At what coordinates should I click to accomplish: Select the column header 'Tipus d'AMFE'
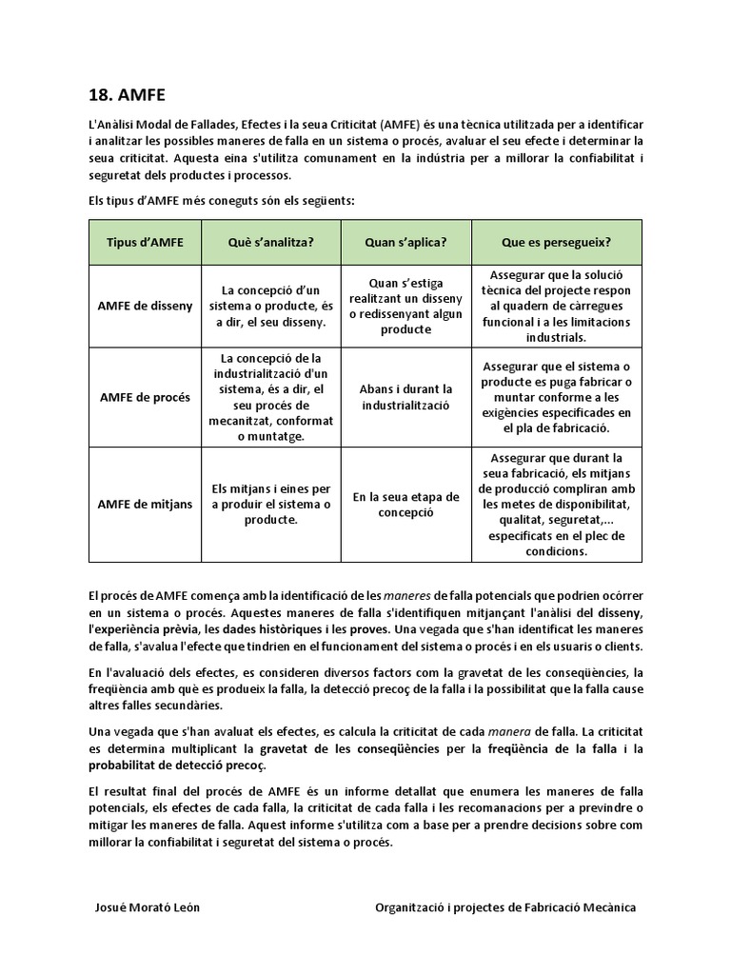pos(145,242)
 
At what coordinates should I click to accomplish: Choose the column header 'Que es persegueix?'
pos(557,242)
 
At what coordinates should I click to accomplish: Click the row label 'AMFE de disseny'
pos(145,306)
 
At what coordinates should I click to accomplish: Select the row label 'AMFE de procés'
pos(145,397)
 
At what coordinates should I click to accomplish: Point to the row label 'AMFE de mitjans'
pos(145,504)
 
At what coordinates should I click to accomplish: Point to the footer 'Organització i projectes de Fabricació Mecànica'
pos(506,907)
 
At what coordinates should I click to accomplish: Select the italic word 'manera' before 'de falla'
pos(508,730)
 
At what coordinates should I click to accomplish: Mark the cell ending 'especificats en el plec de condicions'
pos(557,504)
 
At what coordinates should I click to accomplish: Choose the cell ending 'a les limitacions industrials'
pos(557,306)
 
